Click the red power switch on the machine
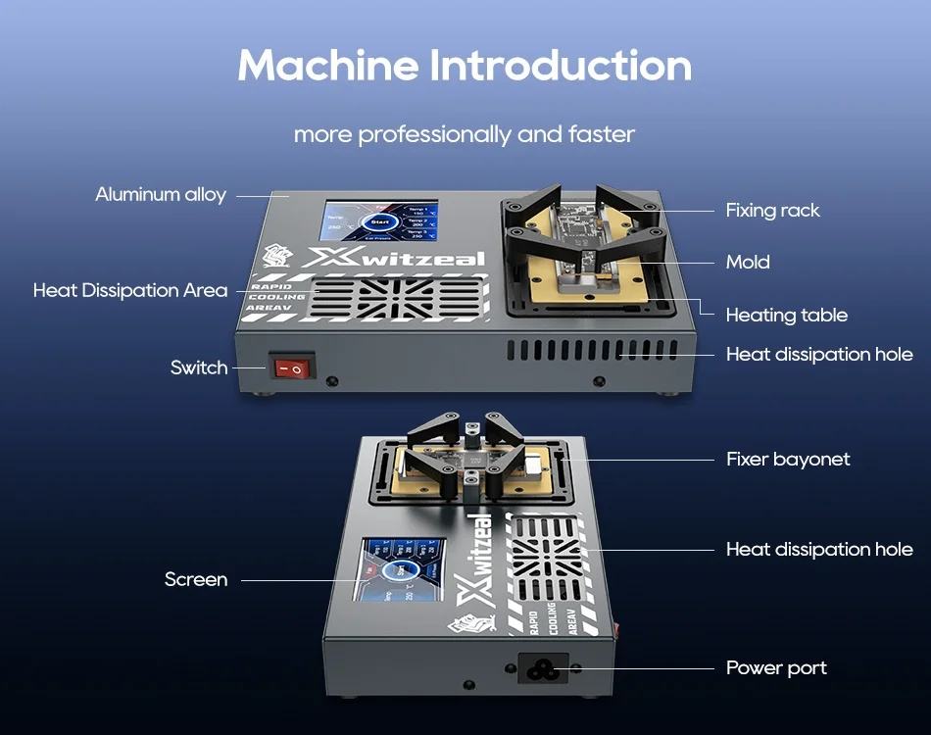pyautogui.click(x=292, y=368)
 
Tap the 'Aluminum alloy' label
pyautogui.click(x=161, y=194)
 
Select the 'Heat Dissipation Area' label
pyautogui.click(x=130, y=290)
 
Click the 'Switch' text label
pyautogui.click(x=199, y=367)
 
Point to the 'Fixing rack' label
pyautogui.click(x=772, y=210)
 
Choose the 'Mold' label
pyautogui.click(x=748, y=262)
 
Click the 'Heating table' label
pyautogui.click(x=786, y=315)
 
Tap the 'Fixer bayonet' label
pyautogui.click(x=788, y=459)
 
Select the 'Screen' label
pyautogui.click(x=196, y=579)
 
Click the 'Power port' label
pyautogui.click(x=776, y=667)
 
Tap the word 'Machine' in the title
pyautogui.click(x=327, y=66)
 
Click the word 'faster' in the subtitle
pyautogui.click(x=602, y=133)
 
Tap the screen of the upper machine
pyautogui.click(x=379, y=224)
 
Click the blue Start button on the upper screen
pyautogui.click(x=379, y=223)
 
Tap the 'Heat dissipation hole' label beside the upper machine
pyautogui.click(x=819, y=354)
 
